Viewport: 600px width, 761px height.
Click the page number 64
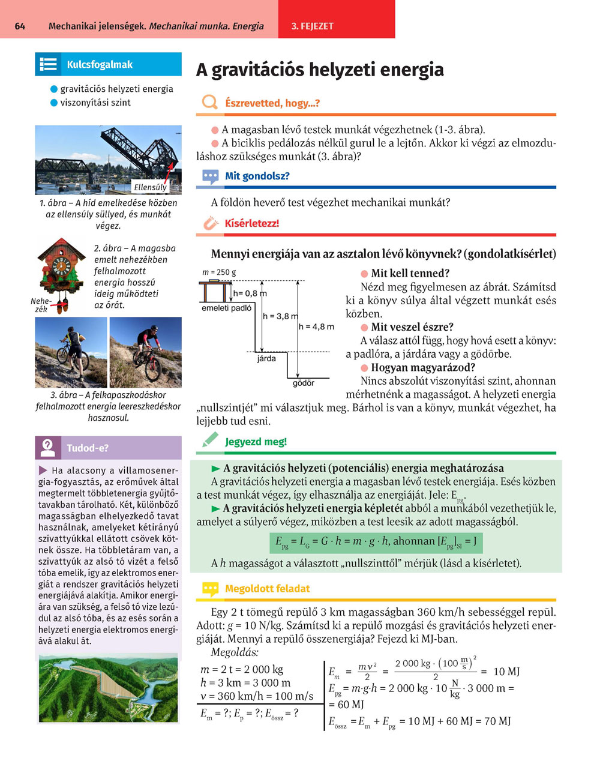click(x=20, y=26)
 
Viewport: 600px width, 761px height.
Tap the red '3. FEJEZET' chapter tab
click(x=312, y=26)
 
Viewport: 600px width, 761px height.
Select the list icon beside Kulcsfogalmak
click(x=48, y=65)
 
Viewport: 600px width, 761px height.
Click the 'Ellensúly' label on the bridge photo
click(x=150, y=187)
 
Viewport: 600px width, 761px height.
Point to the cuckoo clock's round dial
click(x=61, y=265)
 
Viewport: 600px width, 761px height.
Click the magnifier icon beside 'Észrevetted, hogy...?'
click(x=209, y=103)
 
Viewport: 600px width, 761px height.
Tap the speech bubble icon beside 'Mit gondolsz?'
click(x=210, y=176)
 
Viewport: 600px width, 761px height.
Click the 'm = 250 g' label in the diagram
click(x=219, y=272)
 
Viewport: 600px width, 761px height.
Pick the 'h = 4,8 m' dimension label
click(x=316, y=326)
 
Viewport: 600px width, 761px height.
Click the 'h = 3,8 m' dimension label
click(x=280, y=316)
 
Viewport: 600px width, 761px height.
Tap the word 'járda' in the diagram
click(x=266, y=358)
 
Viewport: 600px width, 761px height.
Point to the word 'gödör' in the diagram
click(x=303, y=382)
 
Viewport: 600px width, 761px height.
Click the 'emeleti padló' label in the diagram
click(x=226, y=308)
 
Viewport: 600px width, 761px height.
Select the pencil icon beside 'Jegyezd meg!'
click(x=210, y=441)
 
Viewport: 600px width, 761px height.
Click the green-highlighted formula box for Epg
click(x=376, y=542)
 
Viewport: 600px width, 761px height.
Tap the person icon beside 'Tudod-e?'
click(x=48, y=448)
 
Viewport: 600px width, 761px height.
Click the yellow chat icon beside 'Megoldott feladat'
click(x=210, y=589)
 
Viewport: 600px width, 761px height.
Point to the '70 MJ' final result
click(x=497, y=721)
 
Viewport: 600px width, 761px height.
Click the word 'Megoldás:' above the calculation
click(x=235, y=652)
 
